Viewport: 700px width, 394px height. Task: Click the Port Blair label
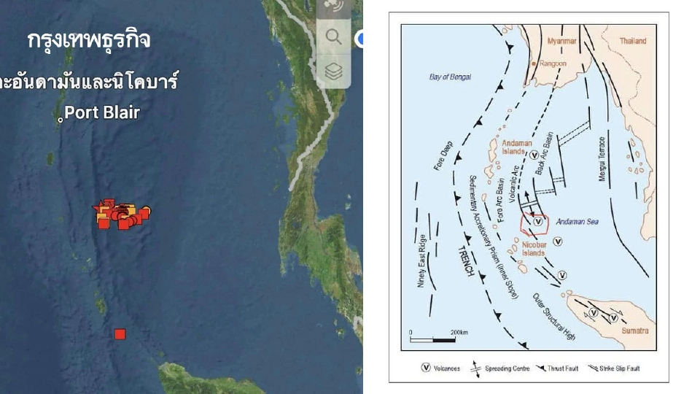pos(101,113)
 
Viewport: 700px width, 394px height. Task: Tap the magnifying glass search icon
pos(334,36)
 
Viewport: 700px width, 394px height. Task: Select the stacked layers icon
pos(334,72)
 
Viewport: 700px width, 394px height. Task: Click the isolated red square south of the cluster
pos(120,334)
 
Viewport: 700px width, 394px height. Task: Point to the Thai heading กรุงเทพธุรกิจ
pos(89,41)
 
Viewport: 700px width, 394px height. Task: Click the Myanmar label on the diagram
pos(561,41)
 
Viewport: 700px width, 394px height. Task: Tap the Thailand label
pos(633,41)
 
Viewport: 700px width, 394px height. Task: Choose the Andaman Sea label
pos(577,221)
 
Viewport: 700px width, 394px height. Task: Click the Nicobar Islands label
pos(534,249)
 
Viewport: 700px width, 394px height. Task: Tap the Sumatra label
pos(634,331)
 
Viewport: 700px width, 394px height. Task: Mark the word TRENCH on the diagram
pos(467,258)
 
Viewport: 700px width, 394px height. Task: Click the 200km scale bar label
pos(459,332)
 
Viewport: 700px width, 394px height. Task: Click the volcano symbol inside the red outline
pos(538,221)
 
